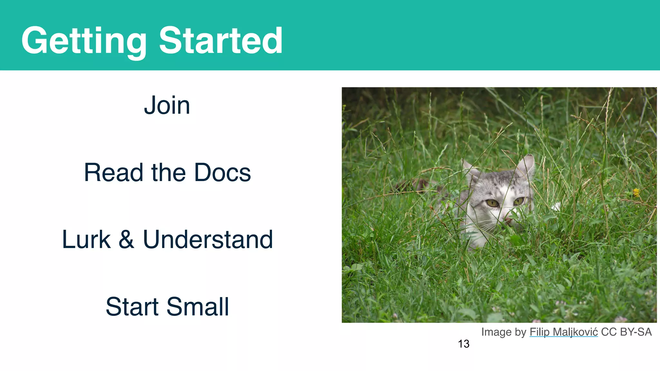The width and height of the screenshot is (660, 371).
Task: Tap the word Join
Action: click(x=167, y=105)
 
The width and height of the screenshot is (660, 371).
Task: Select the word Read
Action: click(x=113, y=173)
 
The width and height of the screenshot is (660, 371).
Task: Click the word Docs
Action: click(x=222, y=173)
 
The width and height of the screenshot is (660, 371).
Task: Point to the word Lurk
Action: click(x=86, y=240)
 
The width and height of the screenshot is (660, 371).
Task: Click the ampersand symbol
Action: click(x=126, y=240)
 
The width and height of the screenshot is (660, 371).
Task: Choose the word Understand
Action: click(x=208, y=240)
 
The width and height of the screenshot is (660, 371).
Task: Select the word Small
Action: click(x=198, y=307)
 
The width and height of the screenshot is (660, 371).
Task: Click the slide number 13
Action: click(x=463, y=344)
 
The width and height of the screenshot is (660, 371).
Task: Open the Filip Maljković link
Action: click(x=564, y=332)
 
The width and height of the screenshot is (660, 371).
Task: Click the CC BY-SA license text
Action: click(x=626, y=332)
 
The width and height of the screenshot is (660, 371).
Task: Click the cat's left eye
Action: click(x=492, y=203)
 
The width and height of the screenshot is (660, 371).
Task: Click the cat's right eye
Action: click(x=519, y=201)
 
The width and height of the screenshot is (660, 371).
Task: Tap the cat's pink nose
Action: click(x=508, y=221)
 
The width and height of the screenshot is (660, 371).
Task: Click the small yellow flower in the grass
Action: click(x=636, y=192)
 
